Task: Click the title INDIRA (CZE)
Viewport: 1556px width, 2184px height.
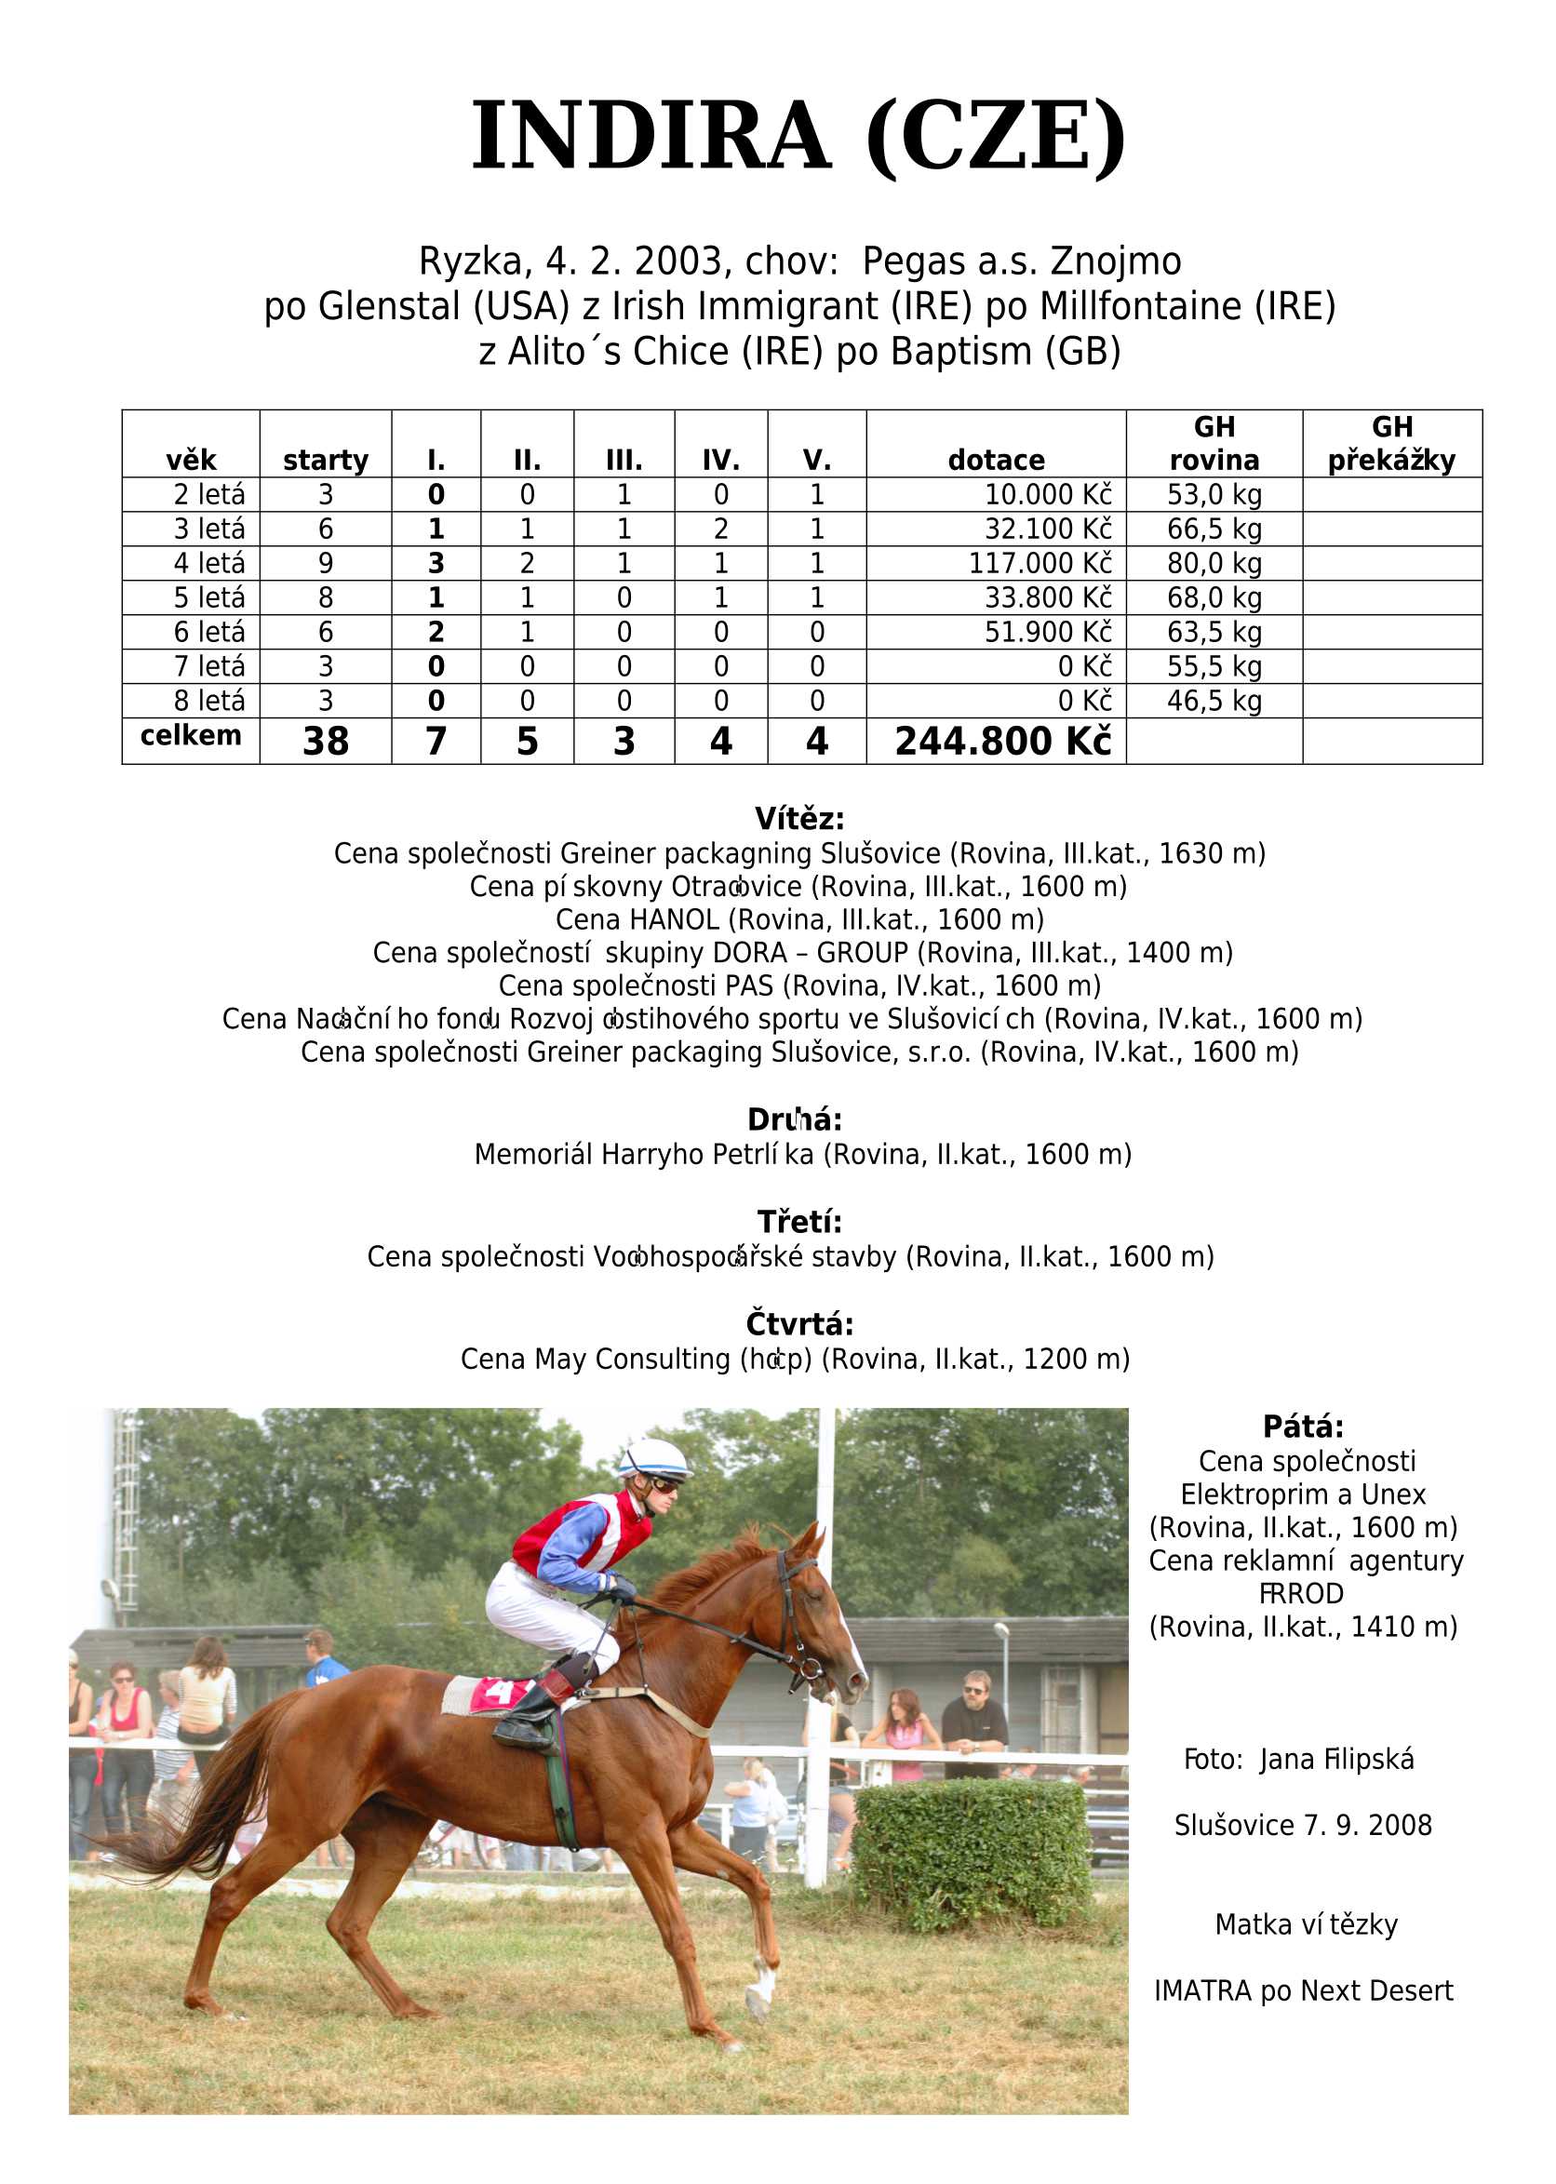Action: [x=798, y=137]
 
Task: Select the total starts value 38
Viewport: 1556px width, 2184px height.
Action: [x=326, y=742]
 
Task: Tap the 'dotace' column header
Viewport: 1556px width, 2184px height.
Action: [x=996, y=461]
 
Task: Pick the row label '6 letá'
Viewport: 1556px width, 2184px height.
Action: [x=208, y=632]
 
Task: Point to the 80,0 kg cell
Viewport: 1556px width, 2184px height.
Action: [x=1214, y=563]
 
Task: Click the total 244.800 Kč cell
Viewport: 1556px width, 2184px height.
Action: [x=1003, y=742]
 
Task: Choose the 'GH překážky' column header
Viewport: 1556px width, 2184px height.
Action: [x=1391, y=445]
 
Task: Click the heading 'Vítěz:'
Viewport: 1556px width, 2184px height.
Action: [x=799, y=819]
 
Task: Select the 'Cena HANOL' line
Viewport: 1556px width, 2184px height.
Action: [x=799, y=919]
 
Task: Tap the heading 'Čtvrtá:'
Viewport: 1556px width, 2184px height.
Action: [x=799, y=1325]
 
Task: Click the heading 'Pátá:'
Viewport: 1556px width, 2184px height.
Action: [x=1303, y=1427]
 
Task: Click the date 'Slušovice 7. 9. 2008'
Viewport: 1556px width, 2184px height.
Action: [x=1303, y=1826]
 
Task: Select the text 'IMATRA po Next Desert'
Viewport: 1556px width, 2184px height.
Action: [x=1303, y=1990]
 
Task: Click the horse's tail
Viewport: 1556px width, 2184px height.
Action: [x=196, y=1791]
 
